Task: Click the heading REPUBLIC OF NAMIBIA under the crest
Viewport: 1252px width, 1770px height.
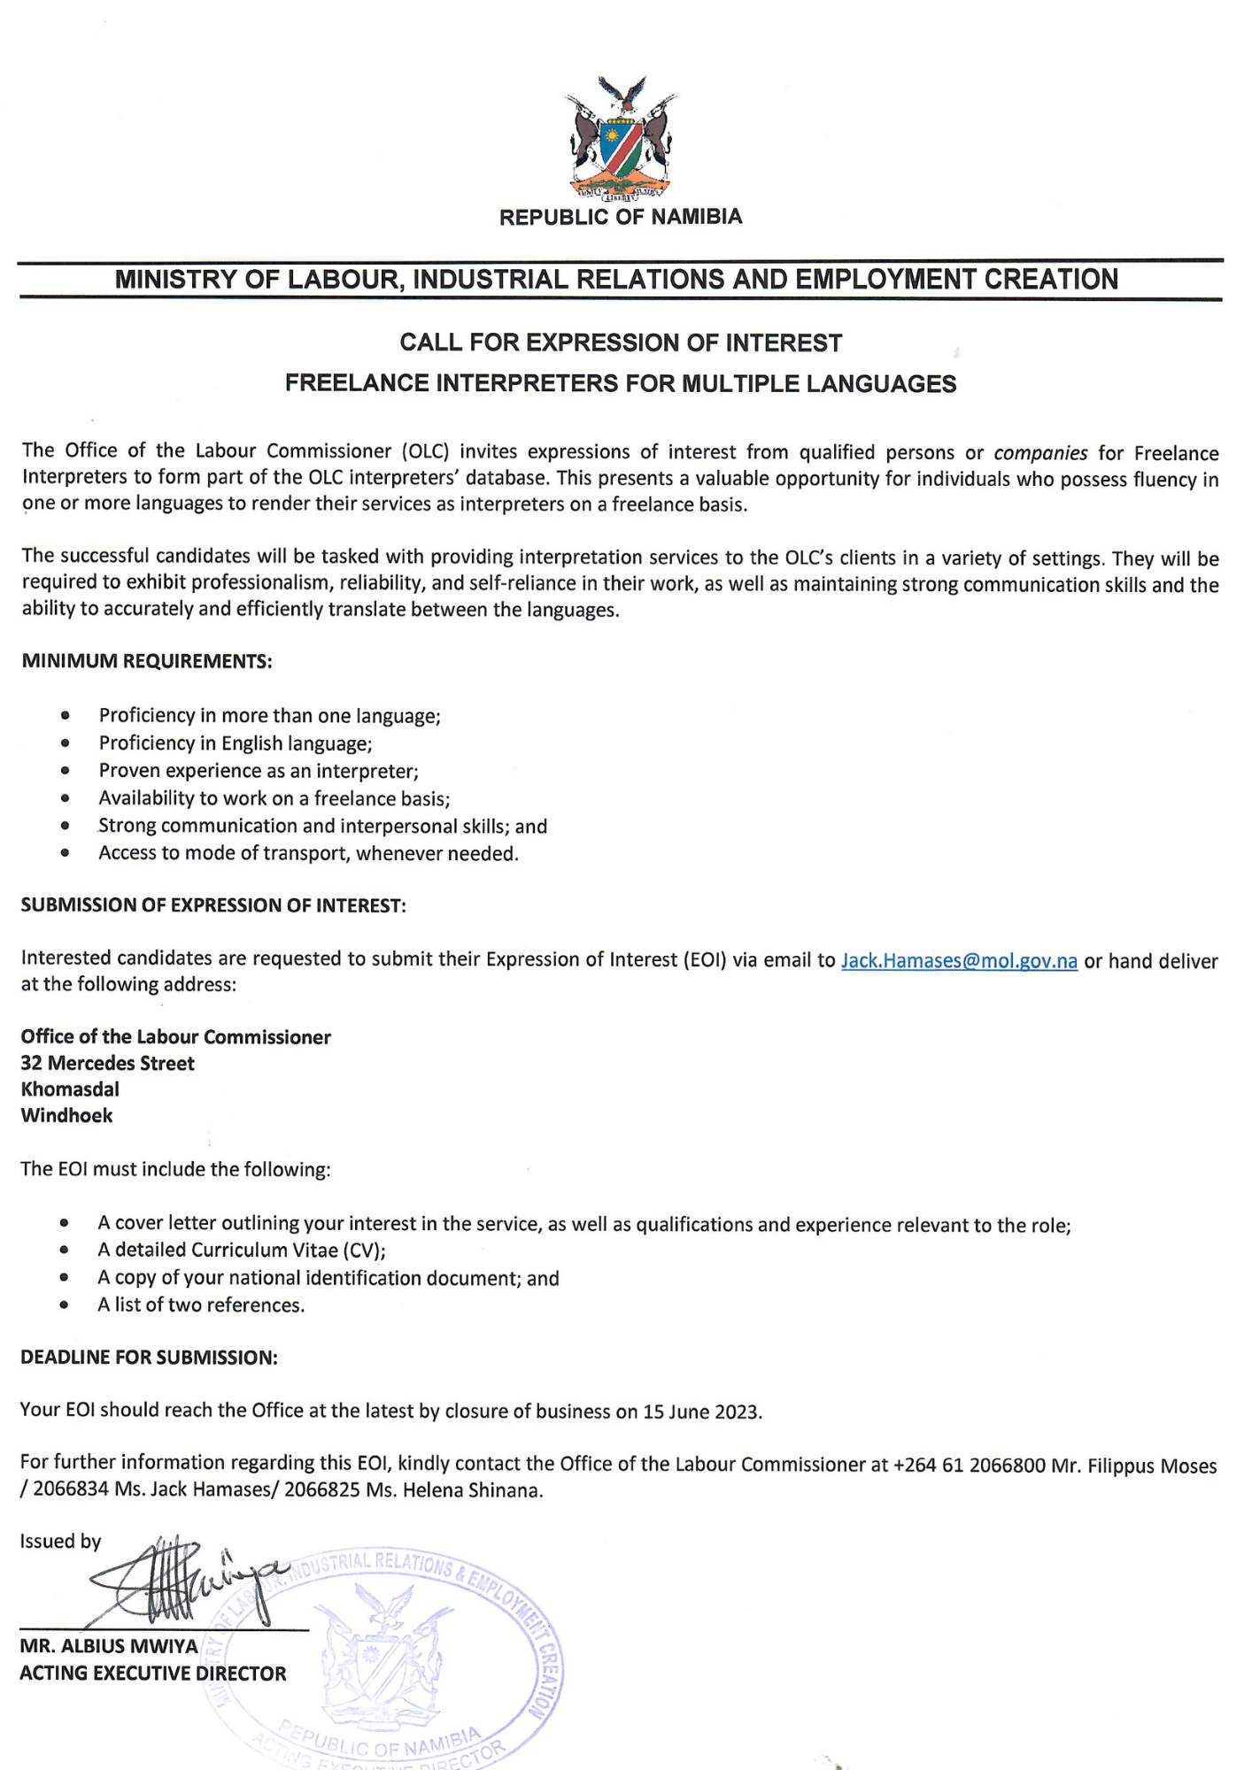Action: pos(621,218)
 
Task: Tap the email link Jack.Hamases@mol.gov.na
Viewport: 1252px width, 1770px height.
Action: pos(959,961)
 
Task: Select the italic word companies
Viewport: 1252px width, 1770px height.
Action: pos(1040,453)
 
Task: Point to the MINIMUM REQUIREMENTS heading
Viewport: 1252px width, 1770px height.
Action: pos(146,661)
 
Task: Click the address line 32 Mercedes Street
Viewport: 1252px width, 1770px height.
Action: pos(107,1063)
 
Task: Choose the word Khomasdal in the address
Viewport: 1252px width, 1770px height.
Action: pos(70,1089)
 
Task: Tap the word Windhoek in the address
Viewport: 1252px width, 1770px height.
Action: pos(66,1115)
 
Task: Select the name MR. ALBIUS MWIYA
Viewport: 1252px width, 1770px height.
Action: pos(109,1647)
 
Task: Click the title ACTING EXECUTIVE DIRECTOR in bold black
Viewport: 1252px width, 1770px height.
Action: pos(153,1674)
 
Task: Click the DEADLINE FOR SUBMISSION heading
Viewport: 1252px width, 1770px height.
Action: pos(149,1358)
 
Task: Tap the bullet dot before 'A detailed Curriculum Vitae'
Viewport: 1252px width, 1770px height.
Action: pos(64,1251)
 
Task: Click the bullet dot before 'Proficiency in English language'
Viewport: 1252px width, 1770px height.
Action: pos(65,743)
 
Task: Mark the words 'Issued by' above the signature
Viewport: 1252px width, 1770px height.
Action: pos(60,1542)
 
